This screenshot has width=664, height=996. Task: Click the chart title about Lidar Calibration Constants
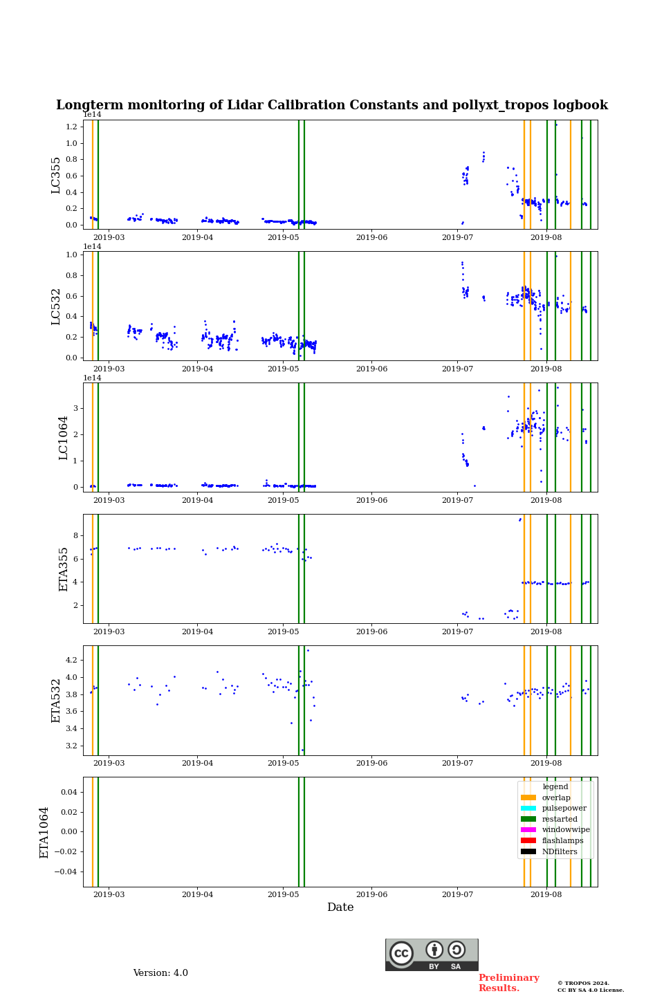pyautogui.click(x=332, y=105)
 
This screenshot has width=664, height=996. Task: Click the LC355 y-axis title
pyautogui.click(x=56, y=175)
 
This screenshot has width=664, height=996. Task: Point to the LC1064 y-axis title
pyautogui.click(x=64, y=438)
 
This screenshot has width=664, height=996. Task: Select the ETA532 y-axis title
pyautogui.click(x=56, y=701)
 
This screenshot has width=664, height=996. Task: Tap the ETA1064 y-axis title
pyautogui.click(x=44, y=832)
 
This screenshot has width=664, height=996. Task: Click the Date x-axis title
pyautogui.click(x=340, y=907)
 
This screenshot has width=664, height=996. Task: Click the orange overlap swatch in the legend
pyautogui.click(x=528, y=797)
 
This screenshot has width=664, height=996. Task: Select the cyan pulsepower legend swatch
pyautogui.click(x=528, y=809)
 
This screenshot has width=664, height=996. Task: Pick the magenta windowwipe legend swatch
pyautogui.click(x=528, y=830)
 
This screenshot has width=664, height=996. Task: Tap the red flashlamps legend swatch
pyautogui.click(x=528, y=840)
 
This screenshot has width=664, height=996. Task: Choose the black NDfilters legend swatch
pyautogui.click(x=528, y=851)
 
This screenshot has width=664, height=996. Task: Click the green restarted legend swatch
pyautogui.click(x=528, y=819)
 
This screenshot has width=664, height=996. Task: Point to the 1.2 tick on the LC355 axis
pyautogui.click(x=72, y=127)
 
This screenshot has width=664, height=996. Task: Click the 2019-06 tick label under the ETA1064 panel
pyautogui.click(x=371, y=895)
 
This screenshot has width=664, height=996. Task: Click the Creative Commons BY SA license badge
pyautogui.click(x=432, y=954)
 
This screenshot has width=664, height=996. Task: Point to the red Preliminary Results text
pyautogui.click(x=508, y=983)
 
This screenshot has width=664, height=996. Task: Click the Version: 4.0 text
pyautogui.click(x=160, y=973)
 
